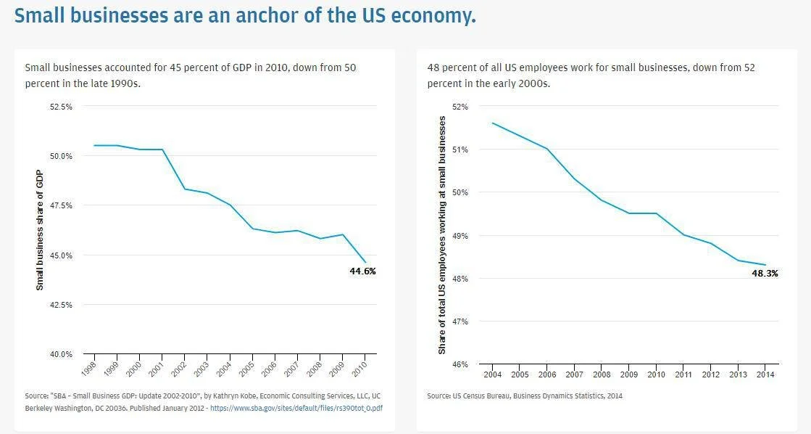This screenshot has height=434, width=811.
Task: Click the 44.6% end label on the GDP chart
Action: coord(362,271)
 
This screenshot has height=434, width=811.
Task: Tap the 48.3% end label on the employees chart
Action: coord(764,273)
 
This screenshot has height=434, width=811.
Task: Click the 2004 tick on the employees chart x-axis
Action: coord(492,374)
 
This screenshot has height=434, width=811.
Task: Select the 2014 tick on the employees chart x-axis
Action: coord(765,374)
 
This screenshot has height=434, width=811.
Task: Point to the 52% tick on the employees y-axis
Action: coord(460,107)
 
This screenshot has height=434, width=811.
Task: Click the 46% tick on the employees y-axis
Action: coord(460,364)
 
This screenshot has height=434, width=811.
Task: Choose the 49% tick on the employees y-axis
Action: coord(460,236)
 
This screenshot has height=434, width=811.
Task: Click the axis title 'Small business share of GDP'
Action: coord(40,231)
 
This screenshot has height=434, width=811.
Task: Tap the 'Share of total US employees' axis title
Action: coord(441,235)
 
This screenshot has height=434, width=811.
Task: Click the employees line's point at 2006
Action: coord(546,149)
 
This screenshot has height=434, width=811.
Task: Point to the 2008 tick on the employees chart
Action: coord(601,374)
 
